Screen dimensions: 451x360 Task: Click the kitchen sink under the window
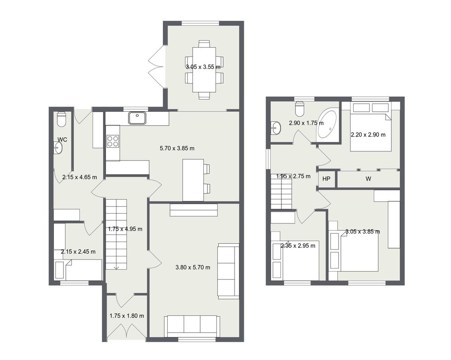tap(138, 118)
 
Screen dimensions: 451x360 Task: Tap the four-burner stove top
tap(113, 141)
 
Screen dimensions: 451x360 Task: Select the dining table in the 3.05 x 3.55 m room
tap(204, 70)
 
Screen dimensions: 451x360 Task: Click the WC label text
tap(62, 140)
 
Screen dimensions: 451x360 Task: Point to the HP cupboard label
tap(326, 179)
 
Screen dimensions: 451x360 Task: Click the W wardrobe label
tap(368, 179)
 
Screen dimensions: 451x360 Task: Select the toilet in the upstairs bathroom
tap(300, 108)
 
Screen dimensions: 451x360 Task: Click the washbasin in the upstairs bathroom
tap(276, 127)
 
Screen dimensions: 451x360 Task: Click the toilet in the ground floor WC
tap(61, 119)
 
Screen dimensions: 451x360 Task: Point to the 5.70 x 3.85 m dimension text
tap(177, 148)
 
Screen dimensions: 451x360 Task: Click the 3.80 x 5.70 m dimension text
tap(193, 268)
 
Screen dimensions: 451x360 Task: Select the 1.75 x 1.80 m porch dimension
tap(127, 316)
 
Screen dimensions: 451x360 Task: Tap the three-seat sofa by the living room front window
tap(192, 326)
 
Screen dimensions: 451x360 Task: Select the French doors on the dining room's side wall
tap(157, 66)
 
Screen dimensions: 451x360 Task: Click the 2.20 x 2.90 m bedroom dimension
tap(368, 134)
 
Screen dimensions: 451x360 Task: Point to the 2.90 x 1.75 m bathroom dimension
tap(306, 123)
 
